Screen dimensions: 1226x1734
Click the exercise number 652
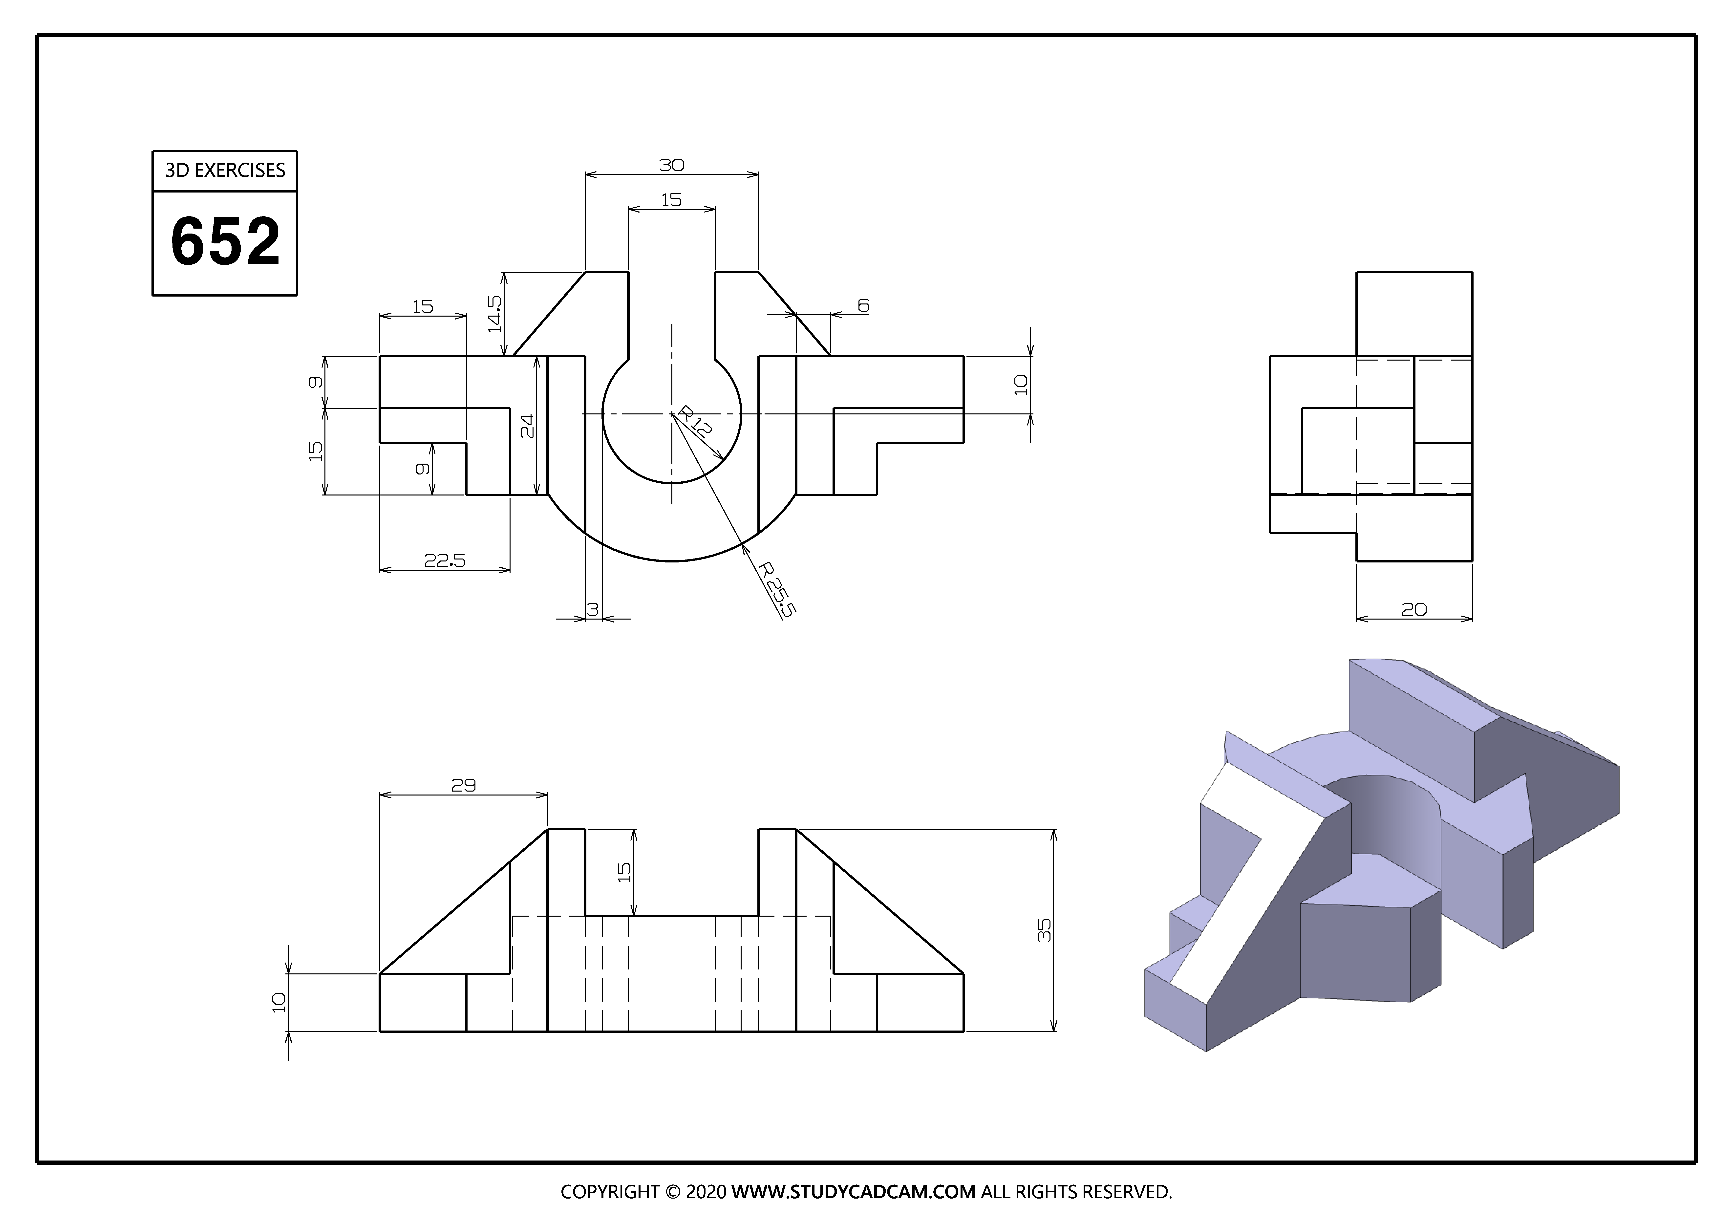click(225, 242)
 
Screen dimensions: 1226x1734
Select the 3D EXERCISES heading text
click(225, 171)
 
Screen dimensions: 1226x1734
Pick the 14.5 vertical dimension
click(495, 314)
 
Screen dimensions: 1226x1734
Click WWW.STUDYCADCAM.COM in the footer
click(853, 1192)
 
